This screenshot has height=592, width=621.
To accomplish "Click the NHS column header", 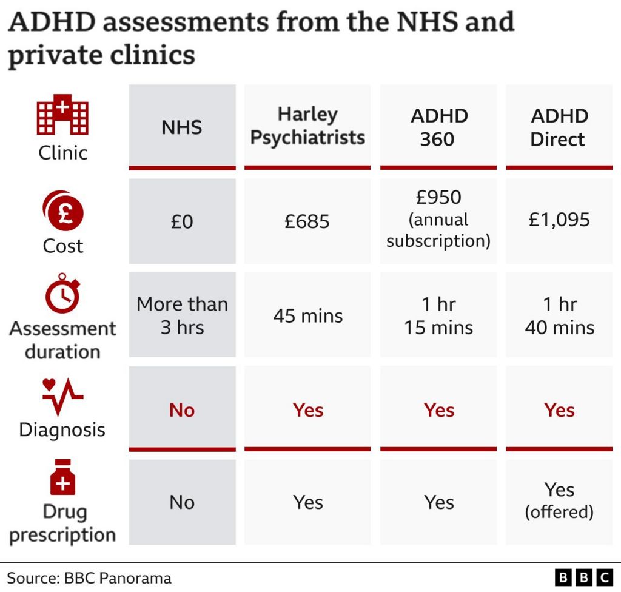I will click(x=182, y=127).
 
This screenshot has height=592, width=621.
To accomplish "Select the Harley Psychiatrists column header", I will click(x=307, y=126).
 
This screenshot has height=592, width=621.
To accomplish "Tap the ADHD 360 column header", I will click(x=438, y=127).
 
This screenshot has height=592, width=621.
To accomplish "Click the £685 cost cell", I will click(x=307, y=221).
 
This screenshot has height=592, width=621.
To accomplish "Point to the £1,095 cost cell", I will click(x=559, y=220).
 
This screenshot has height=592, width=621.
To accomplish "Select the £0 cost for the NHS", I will click(x=182, y=221).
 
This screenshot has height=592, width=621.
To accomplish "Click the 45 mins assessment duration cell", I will click(x=307, y=316).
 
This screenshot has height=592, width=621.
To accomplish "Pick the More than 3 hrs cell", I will click(x=182, y=315).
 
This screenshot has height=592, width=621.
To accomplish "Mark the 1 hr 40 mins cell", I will click(x=559, y=315).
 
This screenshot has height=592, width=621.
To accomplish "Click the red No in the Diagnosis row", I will click(x=182, y=410).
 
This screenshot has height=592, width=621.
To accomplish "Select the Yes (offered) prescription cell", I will click(x=559, y=500).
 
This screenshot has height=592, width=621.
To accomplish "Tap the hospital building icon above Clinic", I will click(x=62, y=115).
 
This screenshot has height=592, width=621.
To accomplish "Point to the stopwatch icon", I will click(x=62, y=294).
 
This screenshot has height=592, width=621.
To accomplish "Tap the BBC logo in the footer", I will click(x=583, y=577).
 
